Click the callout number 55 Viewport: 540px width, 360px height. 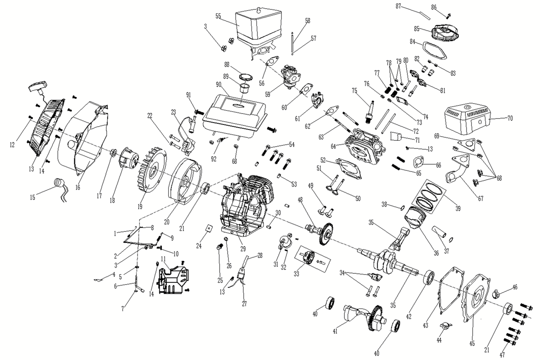point(218,16)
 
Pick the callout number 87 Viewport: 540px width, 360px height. point(398,6)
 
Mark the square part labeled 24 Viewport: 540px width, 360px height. point(209,228)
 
